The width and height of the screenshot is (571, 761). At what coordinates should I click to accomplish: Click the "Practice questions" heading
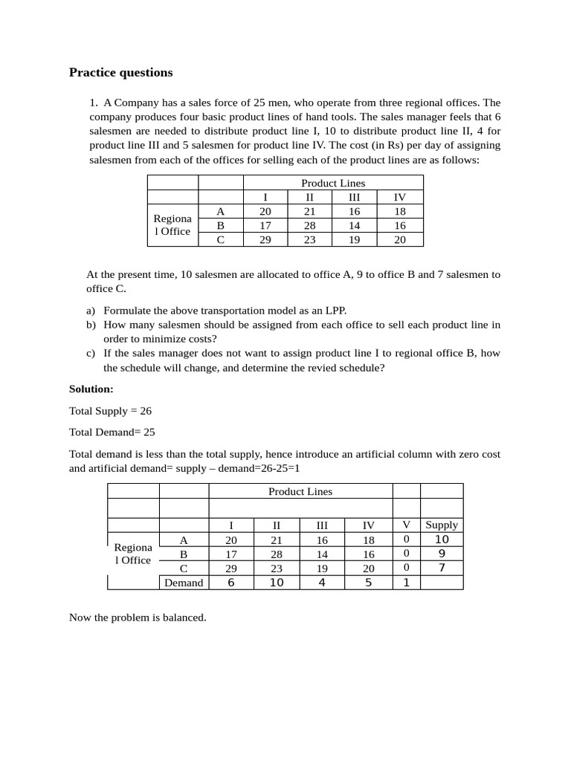click(x=120, y=72)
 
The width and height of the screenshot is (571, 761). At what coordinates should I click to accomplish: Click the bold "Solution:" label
click(x=91, y=389)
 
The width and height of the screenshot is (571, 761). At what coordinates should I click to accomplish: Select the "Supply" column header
click(x=442, y=525)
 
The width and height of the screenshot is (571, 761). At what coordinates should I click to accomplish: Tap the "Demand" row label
click(x=184, y=583)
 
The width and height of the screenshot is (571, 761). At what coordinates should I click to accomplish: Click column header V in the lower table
click(x=406, y=525)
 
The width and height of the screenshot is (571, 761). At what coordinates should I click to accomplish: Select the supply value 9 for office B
click(x=442, y=554)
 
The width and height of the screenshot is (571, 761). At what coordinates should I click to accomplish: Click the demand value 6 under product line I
click(x=231, y=583)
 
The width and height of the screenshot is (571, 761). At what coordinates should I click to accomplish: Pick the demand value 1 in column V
click(x=406, y=583)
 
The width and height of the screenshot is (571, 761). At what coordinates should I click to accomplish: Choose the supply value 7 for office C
click(x=442, y=568)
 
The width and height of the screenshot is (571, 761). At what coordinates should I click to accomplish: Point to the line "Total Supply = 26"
click(x=110, y=410)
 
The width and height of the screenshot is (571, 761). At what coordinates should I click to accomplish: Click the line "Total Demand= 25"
click(x=112, y=432)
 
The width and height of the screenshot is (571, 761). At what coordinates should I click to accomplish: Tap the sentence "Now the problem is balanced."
click(x=138, y=618)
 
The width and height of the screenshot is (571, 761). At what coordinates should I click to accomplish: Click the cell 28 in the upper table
click(x=310, y=225)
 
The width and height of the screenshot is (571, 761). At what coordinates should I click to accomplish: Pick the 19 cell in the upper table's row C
click(x=355, y=239)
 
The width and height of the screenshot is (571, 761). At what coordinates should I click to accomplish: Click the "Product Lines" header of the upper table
click(x=333, y=183)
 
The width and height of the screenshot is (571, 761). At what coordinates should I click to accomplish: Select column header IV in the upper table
click(x=400, y=197)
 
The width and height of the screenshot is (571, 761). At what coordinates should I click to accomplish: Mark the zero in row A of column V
click(x=406, y=540)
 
